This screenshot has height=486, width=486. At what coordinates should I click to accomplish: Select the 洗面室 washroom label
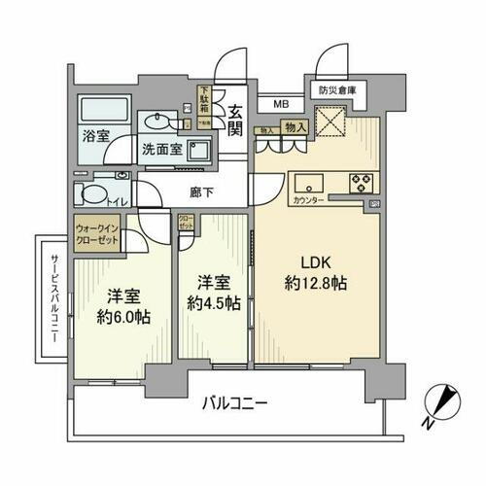[x=161, y=150]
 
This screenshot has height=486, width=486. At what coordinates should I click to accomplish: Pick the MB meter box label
[x=280, y=103]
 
